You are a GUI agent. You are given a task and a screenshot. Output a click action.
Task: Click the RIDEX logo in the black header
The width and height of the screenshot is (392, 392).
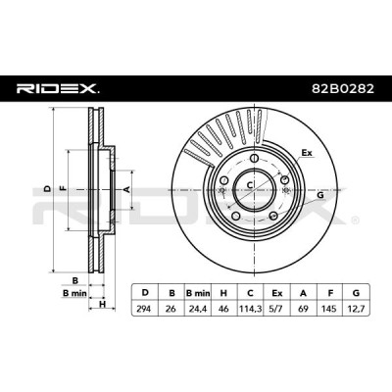[x=58, y=88]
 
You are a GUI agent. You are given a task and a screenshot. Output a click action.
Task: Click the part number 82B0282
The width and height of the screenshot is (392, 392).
[x=343, y=88]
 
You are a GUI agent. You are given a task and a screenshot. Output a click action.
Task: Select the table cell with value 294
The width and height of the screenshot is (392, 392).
[x=144, y=308]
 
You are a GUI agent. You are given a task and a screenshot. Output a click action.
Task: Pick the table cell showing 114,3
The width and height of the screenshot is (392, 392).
[x=250, y=308]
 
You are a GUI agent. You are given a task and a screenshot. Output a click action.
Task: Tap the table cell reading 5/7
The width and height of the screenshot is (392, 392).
[x=276, y=308]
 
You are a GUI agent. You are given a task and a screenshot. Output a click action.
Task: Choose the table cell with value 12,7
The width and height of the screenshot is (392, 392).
[x=356, y=308]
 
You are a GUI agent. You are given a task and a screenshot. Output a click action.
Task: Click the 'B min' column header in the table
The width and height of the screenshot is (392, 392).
[x=198, y=293]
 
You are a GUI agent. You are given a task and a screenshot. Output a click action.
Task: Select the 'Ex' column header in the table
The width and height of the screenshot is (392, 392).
[x=276, y=293]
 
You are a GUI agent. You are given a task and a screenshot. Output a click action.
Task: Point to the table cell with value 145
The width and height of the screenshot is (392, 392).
[x=329, y=308]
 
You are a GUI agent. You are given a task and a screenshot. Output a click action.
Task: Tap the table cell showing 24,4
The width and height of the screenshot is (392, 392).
[x=198, y=308]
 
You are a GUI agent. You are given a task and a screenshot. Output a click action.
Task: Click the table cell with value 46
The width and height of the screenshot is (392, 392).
[x=223, y=308]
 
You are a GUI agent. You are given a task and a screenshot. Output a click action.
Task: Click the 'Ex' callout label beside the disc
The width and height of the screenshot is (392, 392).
[x=307, y=153]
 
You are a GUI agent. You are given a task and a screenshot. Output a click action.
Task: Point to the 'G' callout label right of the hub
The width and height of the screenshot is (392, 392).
[x=320, y=195]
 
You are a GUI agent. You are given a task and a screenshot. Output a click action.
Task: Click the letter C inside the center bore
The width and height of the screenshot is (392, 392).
[x=249, y=185]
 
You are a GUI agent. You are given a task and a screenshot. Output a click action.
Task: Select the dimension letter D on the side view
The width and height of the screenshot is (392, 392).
[x=48, y=189]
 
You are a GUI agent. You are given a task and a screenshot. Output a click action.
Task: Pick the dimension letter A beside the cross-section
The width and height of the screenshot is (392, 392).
[x=127, y=189]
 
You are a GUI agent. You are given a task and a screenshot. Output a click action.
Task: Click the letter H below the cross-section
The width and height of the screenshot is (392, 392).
[x=103, y=305]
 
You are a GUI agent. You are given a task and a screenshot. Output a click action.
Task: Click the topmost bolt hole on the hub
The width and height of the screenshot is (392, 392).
[x=255, y=158]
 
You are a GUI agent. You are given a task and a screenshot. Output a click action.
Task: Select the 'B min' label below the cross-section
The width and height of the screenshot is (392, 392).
[x=74, y=293]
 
